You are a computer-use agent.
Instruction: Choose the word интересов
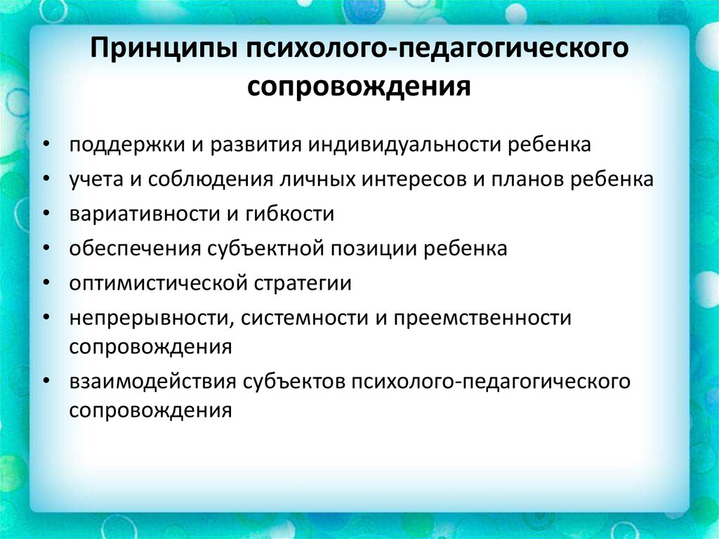pyautogui.click(x=414, y=180)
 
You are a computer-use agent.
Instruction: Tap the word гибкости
pyautogui.click(x=289, y=214)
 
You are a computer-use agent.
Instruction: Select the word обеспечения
pyautogui.click(x=135, y=248)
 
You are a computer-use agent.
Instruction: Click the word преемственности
pyautogui.click(x=482, y=318)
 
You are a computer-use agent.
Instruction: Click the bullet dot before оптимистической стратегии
pyautogui.click(x=46, y=283)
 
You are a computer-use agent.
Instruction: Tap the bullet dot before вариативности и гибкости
pyautogui.click(x=46, y=214)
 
